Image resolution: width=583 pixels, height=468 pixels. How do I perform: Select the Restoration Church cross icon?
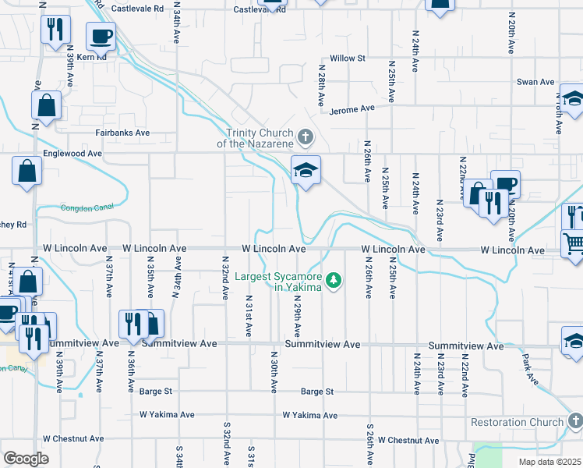pos(574,422)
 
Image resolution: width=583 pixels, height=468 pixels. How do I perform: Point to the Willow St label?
pos(348,58)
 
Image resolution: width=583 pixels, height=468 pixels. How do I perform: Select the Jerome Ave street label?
pos(352,109)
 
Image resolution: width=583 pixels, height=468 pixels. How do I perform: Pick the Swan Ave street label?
pos(535,82)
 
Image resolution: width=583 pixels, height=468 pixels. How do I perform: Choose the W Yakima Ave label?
pos(310,415)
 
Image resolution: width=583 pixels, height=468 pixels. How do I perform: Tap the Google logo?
pos(26,459)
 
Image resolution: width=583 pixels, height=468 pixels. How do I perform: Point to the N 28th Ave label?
pos(320,86)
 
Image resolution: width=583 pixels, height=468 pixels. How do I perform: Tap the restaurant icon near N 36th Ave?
pos(132,324)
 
